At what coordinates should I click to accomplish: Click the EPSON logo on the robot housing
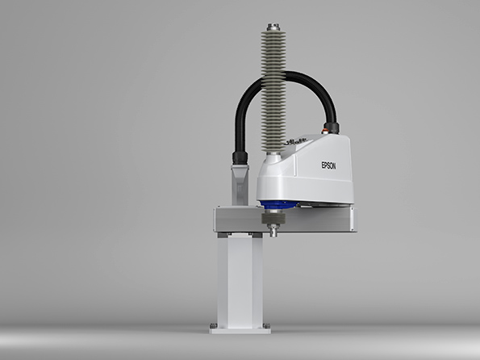[x=328, y=165]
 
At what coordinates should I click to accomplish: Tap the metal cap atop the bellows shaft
[x=272, y=27]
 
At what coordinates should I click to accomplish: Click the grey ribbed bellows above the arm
[x=273, y=91]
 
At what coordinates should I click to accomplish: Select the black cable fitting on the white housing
[x=332, y=128]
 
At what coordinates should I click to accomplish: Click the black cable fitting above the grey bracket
[x=240, y=157]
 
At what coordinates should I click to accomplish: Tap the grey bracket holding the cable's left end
[x=240, y=185]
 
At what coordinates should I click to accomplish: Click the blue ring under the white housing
[x=278, y=205]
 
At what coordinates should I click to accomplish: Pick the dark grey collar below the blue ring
[x=273, y=218]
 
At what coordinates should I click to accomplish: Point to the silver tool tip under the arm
[x=273, y=230]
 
